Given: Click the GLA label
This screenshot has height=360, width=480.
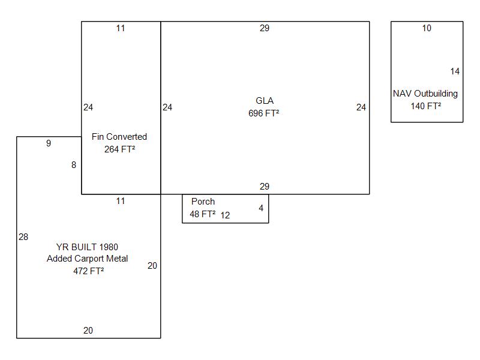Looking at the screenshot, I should pyautogui.click(x=264, y=101).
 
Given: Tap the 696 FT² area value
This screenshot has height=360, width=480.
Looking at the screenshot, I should pyautogui.click(x=264, y=113).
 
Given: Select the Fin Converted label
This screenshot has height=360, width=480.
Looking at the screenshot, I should pyautogui.click(x=119, y=137).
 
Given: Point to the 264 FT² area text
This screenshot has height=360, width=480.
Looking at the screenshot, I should pyautogui.click(x=119, y=149).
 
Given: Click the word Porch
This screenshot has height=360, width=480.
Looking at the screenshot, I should pyautogui.click(x=203, y=202).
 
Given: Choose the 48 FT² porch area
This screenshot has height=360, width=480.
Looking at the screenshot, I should pyautogui.click(x=203, y=214).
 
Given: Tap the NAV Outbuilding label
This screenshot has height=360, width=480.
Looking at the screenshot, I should pyautogui.click(x=425, y=94).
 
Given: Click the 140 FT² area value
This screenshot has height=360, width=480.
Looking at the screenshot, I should pyautogui.click(x=426, y=106).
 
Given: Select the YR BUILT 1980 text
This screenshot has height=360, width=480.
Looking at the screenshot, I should pyautogui.click(x=87, y=247).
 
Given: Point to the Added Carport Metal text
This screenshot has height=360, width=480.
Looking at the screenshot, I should pyautogui.click(x=88, y=259).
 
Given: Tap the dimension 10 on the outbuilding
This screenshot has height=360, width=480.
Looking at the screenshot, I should pyautogui.click(x=427, y=28).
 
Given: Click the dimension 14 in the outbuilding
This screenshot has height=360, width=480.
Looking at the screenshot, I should pyautogui.click(x=455, y=71).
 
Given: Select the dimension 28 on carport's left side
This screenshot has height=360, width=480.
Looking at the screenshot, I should pyautogui.click(x=23, y=237).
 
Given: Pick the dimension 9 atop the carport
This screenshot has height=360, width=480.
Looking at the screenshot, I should pyautogui.click(x=49, y=143).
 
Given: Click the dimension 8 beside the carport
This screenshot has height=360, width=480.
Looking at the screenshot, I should pyautogui.click(x=74, y=165).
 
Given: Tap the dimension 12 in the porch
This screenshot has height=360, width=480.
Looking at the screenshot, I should pyautogui.click(x=225, y=215).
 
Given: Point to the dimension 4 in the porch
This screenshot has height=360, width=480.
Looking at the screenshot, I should pyautogui.click(x=261, y=208).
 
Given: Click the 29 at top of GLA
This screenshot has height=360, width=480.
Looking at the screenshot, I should pyautogui.click(x=265, y=28).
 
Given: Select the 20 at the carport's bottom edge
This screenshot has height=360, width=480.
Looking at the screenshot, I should pyautogui.click(x=88, y=330).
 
